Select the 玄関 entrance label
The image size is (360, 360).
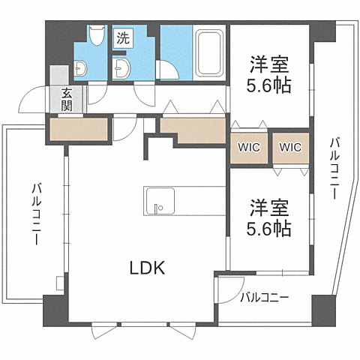point(67,99)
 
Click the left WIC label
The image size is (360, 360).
point(249,148)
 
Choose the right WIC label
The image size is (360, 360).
point(289,148)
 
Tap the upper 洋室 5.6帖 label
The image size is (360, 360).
point(269,73)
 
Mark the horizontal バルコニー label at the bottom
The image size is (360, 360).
point(265,298)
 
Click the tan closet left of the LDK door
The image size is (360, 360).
point(79,130)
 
